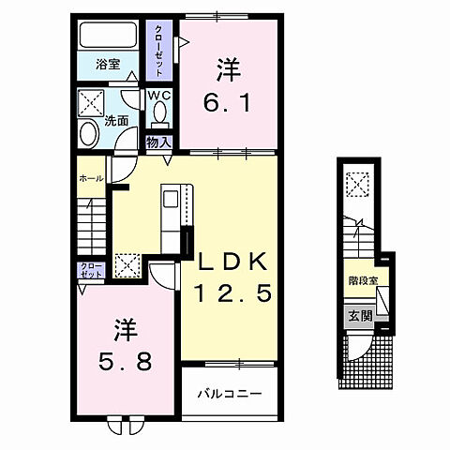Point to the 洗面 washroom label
point(116,121)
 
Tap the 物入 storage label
point(158,142)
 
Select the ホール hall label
point(90,177)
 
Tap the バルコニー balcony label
point(229,394)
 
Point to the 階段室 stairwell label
point(362,279)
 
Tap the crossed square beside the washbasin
point(90,101)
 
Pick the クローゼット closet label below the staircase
point(90,273)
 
